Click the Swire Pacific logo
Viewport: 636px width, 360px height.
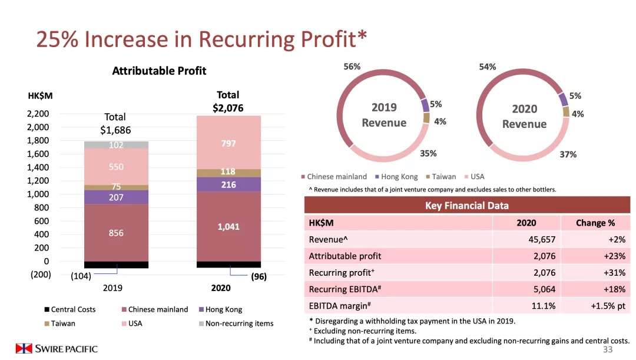[x=57, y=349]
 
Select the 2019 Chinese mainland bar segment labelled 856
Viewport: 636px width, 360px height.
[x=116, y=233]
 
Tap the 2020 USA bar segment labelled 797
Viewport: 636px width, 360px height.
[x=228, y=143]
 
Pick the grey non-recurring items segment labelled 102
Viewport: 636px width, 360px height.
[x=116, y=145]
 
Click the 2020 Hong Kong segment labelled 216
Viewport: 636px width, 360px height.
[x=228, y=184]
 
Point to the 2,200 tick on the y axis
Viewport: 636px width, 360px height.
[x=38, y=114]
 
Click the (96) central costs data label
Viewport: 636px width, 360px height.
[x=259, y=276]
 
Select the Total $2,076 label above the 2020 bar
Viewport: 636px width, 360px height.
[x=228, y=101]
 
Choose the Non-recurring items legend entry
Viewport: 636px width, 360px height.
[x=236, y=323]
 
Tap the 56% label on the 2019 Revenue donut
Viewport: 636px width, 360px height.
[x=352, y=67]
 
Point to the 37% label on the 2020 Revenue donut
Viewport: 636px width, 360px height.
[x=568, y=154]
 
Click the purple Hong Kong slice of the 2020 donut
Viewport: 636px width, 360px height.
[x=564, y=99]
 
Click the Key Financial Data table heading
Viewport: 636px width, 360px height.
[x=466, y=206]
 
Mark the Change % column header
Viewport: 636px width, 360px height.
[x=595, y=223]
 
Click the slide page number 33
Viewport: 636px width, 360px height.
[x=608, y=350]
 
